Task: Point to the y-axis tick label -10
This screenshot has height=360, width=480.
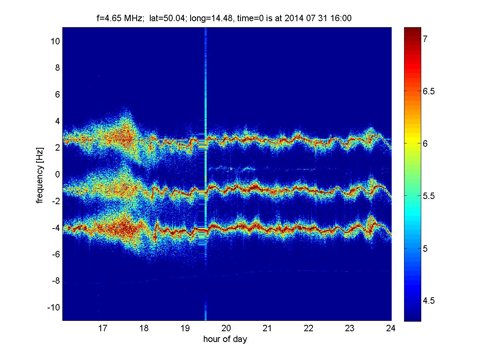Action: click(x=54, y=308)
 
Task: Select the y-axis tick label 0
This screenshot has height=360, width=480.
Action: click(x=58, y=175)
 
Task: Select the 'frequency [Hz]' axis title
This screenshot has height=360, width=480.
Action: click(x=40, y=175)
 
